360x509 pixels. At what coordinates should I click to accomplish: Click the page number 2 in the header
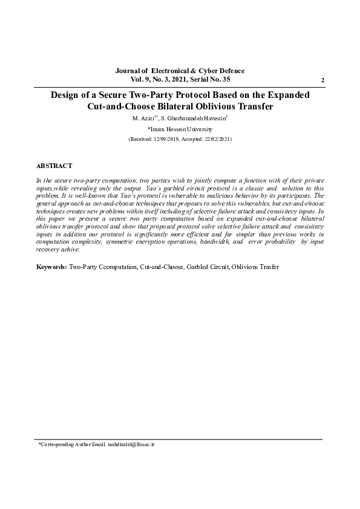[322, 80]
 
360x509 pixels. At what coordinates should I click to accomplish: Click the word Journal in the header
[128, 71]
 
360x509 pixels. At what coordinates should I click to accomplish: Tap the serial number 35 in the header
[225, 79]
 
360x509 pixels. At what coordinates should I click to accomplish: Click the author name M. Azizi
[144, 118]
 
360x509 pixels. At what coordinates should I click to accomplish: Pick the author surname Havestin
[212, 118]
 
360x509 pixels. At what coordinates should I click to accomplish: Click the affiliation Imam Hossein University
[180, 129]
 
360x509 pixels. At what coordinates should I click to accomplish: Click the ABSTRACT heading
[54, 165]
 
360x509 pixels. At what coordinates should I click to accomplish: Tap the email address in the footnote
[131, 444]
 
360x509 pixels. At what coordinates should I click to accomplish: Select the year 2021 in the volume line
[177, 79]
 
